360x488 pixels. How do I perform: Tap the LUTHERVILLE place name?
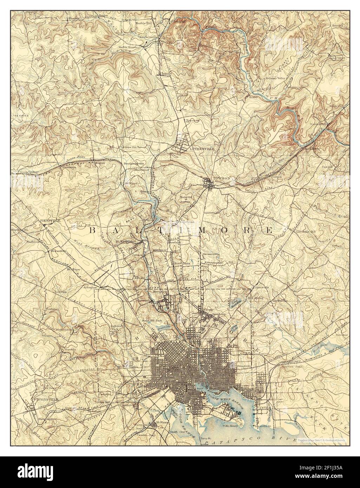click(202, 149)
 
